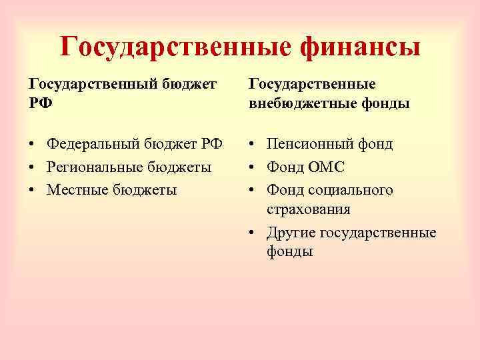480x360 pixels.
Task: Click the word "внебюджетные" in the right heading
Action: pos(303,105)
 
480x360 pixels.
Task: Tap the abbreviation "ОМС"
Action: pos(325,167)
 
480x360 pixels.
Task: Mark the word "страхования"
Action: pos(309,209)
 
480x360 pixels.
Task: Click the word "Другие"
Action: pos(291,233)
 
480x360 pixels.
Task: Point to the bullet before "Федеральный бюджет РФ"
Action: pos(32,145)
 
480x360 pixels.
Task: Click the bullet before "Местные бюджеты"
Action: pos(32,190)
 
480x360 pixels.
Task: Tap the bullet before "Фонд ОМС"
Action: pos(253,167)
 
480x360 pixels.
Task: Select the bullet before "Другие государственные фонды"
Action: pos(253,233)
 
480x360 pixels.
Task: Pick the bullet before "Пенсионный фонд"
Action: pos(253,145)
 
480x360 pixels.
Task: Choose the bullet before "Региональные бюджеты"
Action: pos(32,167)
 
